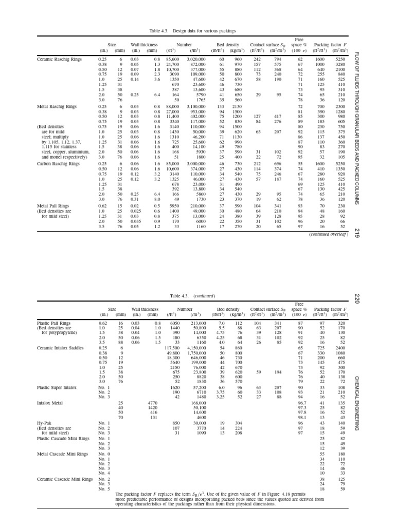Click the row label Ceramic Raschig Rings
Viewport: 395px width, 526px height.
[x=59, y=60]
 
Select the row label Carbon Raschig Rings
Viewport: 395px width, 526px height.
[x=58, y=164]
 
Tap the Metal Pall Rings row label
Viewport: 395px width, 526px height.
[x=53, y=206]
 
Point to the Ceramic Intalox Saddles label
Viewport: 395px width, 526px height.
[x=60, y=348]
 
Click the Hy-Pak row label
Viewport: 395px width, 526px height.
[x=45, y=423]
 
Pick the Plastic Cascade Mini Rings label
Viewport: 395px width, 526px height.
[x=63, y=438]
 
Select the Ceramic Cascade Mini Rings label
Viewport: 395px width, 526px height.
[x=65, y=479]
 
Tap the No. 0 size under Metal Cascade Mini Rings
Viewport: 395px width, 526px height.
[x=104, y=454]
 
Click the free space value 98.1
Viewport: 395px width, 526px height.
[x=302, y=418]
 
